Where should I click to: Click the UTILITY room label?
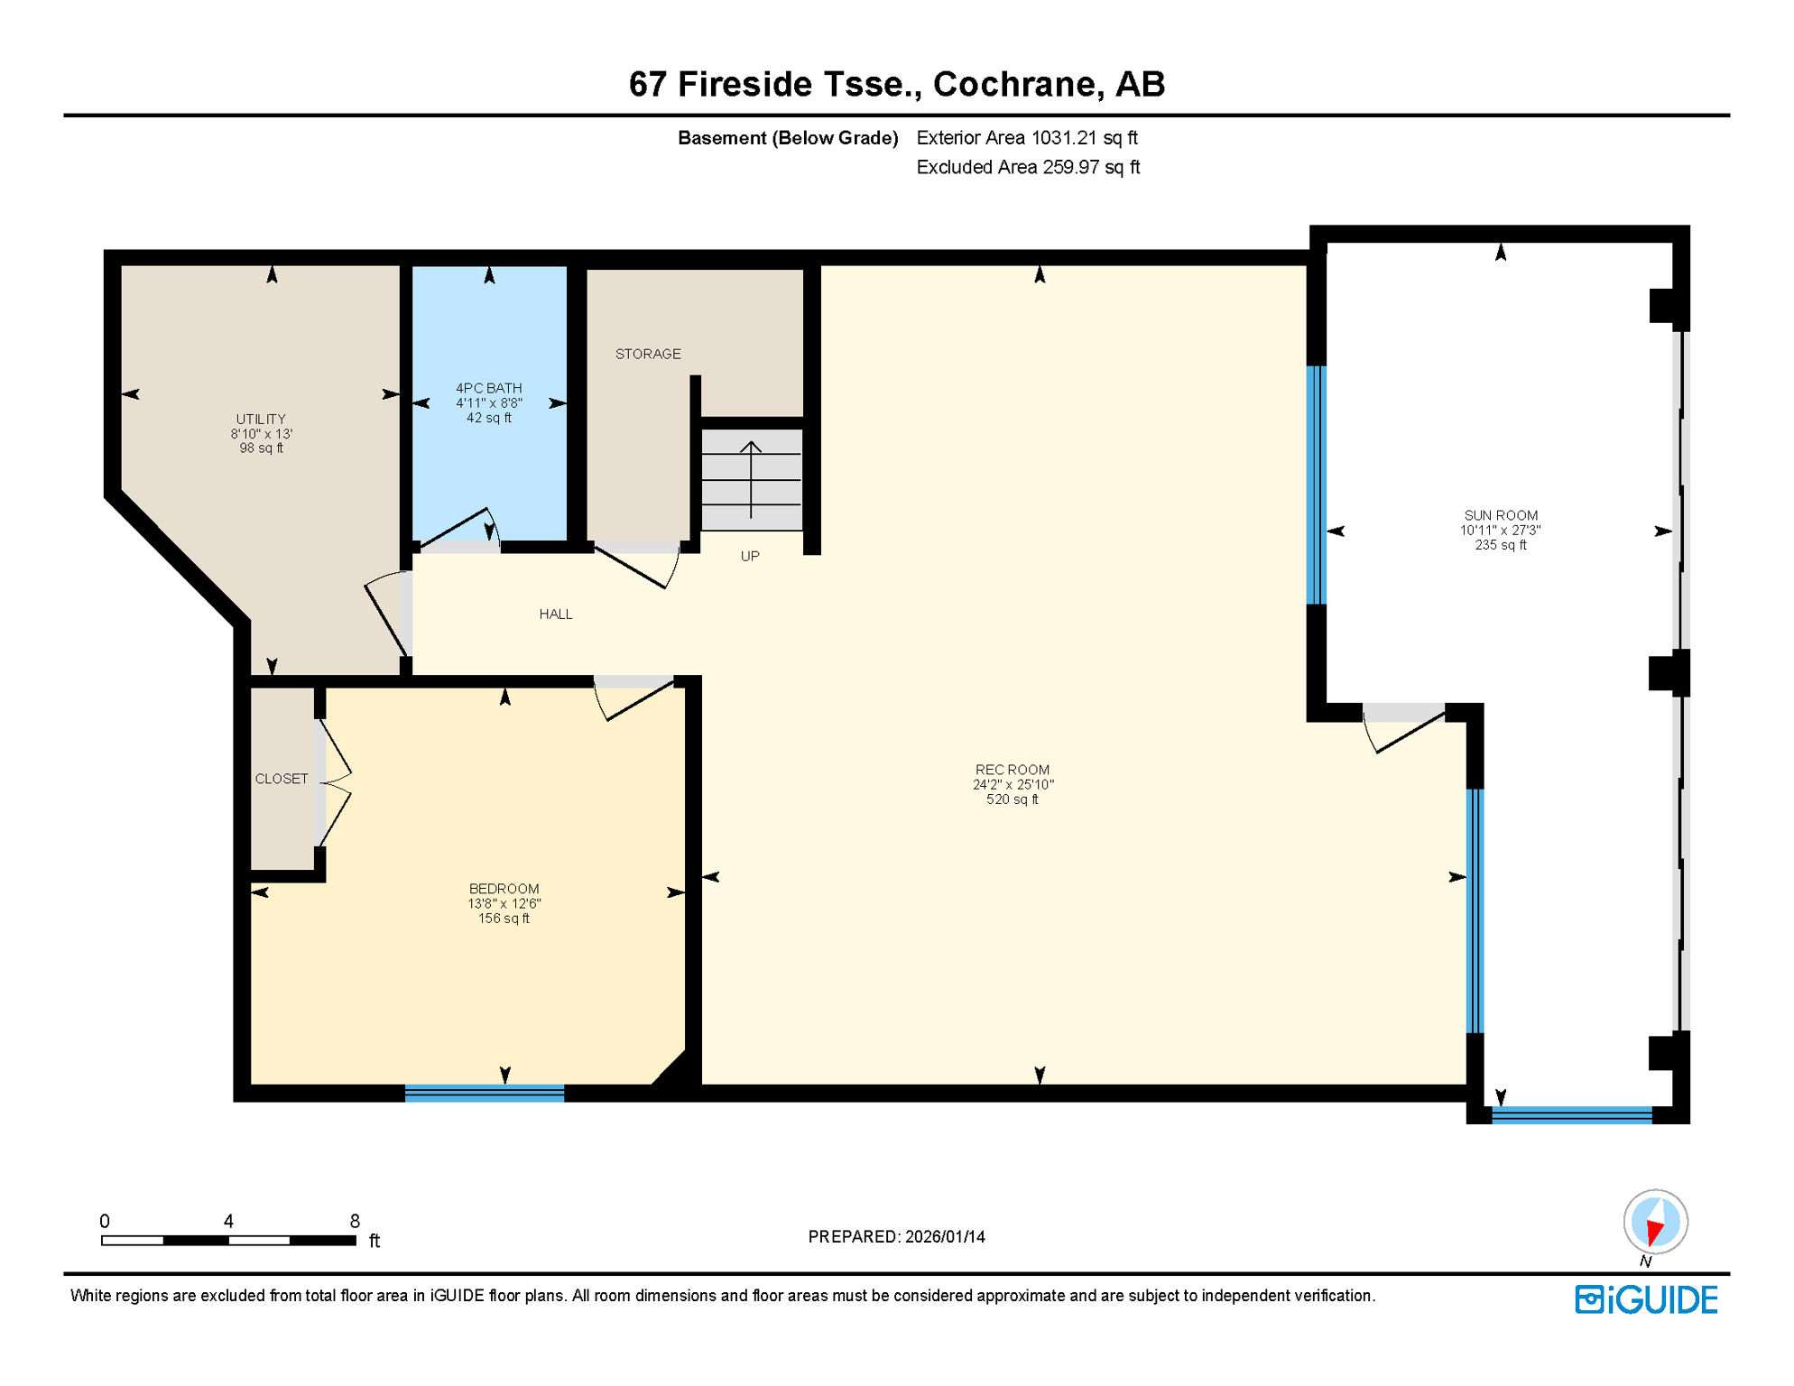261,420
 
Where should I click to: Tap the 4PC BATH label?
488,388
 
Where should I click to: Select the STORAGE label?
648,354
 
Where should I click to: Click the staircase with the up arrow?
751,479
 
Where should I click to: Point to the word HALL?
556,614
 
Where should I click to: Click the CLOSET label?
282,779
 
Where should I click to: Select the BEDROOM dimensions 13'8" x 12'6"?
504,904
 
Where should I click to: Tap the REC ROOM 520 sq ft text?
1012,799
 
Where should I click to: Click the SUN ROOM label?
1500,515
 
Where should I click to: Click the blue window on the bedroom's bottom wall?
485,1094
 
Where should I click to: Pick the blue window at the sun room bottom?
1571,1115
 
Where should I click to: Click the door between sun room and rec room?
1404,726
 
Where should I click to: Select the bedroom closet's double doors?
334,782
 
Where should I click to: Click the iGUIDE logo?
1646,1300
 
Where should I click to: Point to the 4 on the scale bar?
228,1222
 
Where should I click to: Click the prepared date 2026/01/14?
945,1237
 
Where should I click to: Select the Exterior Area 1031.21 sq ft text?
1026,138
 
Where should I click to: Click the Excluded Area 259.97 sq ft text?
1027,168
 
